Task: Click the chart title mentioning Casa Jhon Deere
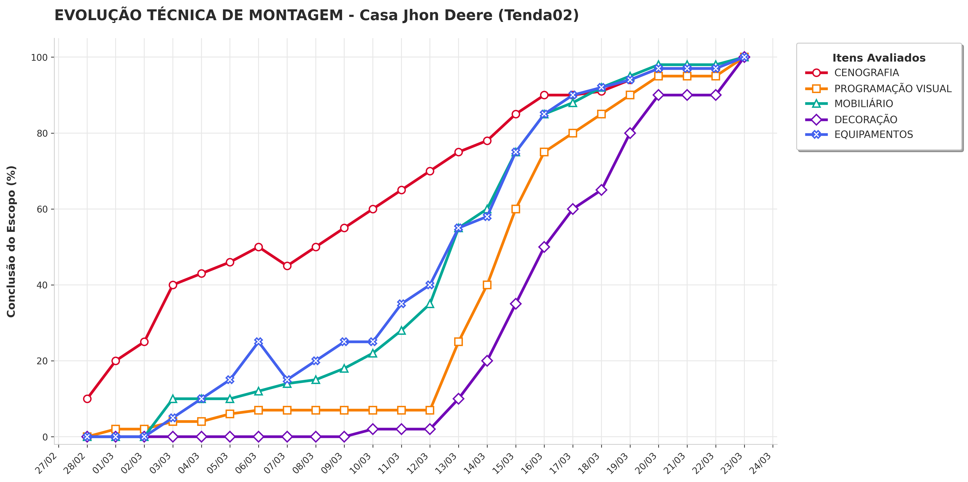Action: [316, 15]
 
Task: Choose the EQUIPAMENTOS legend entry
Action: [859, 134]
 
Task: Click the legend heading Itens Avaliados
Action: [879, 58]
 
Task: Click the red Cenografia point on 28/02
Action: [87, 399]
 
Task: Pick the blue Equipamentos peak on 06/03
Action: [259, 341]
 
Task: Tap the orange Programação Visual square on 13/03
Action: [459, 341]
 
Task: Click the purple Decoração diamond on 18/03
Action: [601, 190]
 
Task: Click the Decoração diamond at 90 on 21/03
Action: [687, 95]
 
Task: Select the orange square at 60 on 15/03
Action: [516, 209]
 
